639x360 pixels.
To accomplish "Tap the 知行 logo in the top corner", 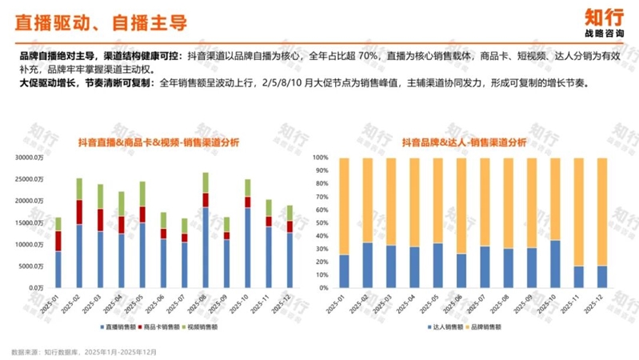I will coord(604,22).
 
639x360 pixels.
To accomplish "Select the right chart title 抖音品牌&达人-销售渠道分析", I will coord(464,142).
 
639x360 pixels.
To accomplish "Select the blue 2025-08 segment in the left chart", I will coord(206,247).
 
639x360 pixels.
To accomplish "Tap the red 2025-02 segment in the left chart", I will coord(79,212).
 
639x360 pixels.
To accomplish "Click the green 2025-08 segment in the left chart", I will coord(206,182).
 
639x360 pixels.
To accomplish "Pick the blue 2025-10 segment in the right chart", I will coord(554,264).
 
